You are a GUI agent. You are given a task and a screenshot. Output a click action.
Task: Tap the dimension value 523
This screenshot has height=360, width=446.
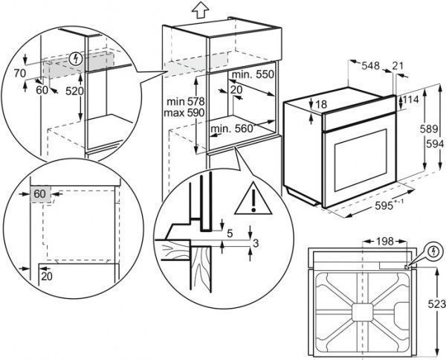(x=436, y=303)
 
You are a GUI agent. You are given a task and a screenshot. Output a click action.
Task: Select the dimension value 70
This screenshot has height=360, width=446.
(x=19, y=73)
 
